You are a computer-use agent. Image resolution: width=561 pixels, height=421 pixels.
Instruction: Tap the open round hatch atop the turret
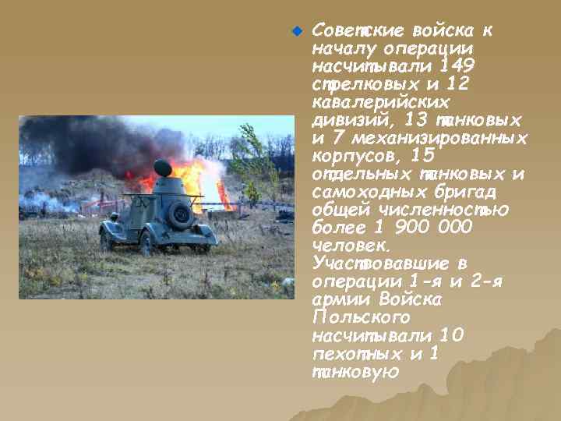[x=163, y=167]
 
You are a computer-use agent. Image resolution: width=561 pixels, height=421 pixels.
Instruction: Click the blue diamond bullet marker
[x=295, y=32]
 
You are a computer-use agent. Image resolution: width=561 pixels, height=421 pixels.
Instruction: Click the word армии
[x=341, y=300]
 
